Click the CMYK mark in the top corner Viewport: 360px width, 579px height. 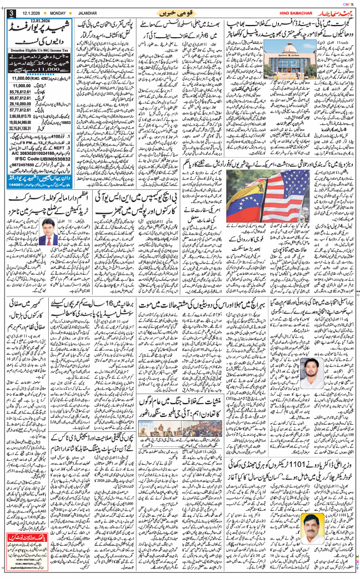click(351, 3)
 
